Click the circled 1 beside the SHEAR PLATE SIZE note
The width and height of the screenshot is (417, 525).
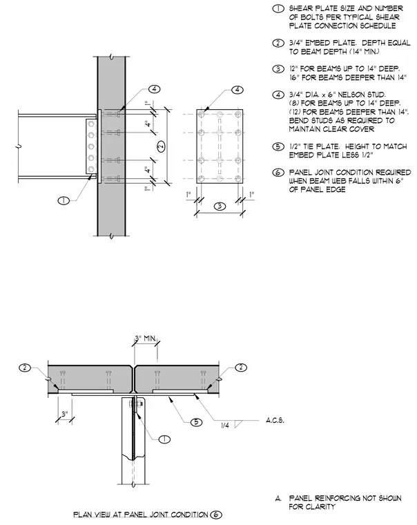tap(279, 9)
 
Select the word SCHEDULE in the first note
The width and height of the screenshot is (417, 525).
tap(378, 26)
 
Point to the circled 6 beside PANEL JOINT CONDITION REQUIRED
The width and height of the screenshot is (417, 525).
tap(279, 173)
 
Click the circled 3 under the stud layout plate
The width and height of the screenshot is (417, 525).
tap(220, 206)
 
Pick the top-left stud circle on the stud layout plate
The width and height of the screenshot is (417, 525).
tap(201, 115)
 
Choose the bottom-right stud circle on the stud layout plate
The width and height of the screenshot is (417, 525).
tap(238, 178)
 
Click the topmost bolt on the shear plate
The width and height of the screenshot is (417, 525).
tap(90, 124)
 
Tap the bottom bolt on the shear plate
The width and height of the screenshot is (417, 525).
tap(90, 169)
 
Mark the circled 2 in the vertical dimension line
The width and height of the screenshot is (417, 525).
tap(162, 146)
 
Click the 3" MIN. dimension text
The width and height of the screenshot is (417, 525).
tap(146, 338)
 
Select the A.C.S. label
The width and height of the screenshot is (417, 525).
tap(275, 420)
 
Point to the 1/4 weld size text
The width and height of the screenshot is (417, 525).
tap(225, 426)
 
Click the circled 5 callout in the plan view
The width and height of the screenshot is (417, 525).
tap(197, 422)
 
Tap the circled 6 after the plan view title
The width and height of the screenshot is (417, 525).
tap(216, 515)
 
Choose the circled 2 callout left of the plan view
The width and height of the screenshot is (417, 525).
tap(25, 367)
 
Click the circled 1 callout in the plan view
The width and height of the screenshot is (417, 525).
tap(164, 439)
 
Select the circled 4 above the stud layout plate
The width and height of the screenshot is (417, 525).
tap(237, 90)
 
